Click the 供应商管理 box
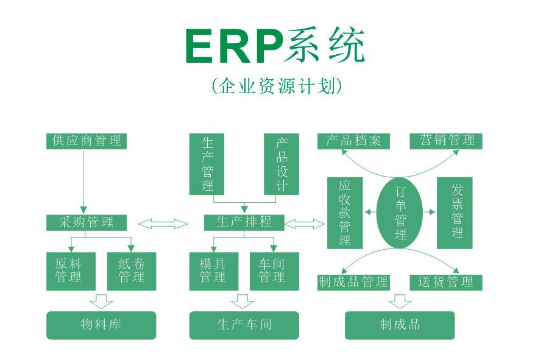[x=87, y=141]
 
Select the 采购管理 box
[x=87, y=222]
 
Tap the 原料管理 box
[x=71, y=271]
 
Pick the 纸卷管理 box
[x=131, y=271]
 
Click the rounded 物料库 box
[x=101, y=325]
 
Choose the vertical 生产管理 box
[x=207, y=164]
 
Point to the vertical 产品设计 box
[x=281, y=164]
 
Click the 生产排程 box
[x=244, y=222]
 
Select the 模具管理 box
[x=213, y=271]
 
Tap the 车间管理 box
[x=274, y=271]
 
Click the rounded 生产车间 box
[x=244, y=325]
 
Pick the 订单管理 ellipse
[x=400, y=213]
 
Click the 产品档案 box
[x=353, y=141]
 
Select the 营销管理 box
[x=446, y=141]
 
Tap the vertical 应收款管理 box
[x=344, y=213]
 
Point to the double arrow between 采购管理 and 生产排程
[x=163, y=224]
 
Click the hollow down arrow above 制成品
[x=400, y=300]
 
